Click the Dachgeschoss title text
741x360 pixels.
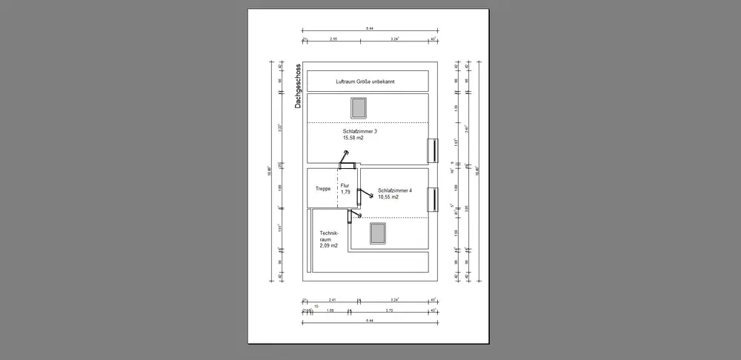point(297,85)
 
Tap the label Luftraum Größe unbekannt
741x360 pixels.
point(365,81)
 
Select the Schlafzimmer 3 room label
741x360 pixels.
point(359,131)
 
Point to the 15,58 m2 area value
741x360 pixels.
point(353,138)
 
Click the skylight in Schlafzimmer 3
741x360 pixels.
point(359,107)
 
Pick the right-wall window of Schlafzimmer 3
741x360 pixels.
point(431,150)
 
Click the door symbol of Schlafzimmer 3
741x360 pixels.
point(345,158)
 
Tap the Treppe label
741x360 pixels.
point(322,188)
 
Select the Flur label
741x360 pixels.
point(345,186)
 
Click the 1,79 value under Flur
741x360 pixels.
point(345,193)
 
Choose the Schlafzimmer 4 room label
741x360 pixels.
point(394,190)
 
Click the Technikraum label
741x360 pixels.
point(328,236)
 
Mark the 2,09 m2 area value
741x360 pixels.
point(328,245)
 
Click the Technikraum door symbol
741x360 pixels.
point(351,215)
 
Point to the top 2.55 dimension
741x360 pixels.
point(334,38)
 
